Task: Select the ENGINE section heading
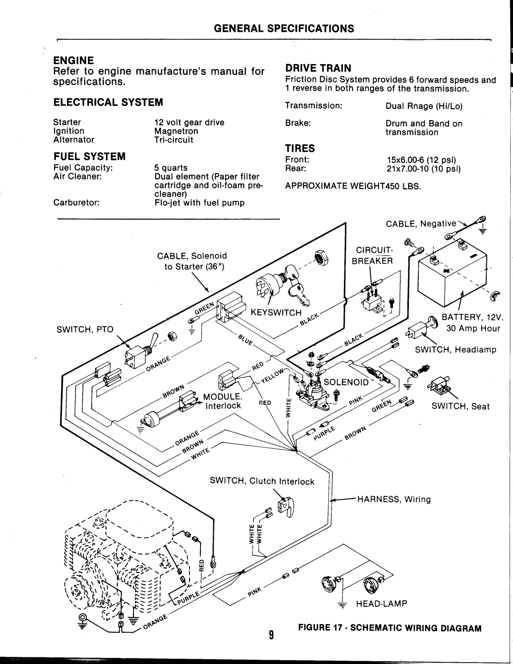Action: click(x=74, y=60)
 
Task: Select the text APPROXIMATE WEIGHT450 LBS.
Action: click(x=353, y=187)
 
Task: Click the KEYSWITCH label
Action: click(x=276, y=313)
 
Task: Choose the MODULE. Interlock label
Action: click(x=223, y=401)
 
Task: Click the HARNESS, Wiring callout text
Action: click(x=394, y=499)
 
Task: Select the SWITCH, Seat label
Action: click(x=460, y=406)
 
